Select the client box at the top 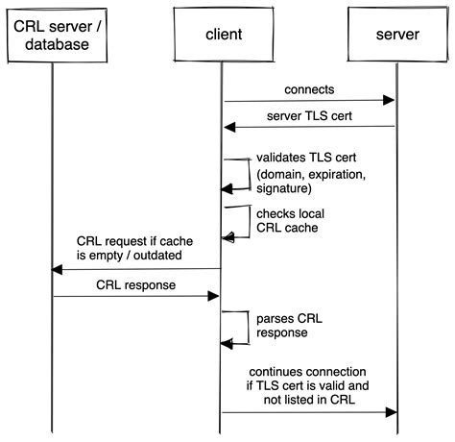pos(223,35)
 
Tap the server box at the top pos(396,35)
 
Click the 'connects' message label pos(309,89)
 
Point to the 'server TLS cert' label pos(309,115)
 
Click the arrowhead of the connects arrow pos(391,100)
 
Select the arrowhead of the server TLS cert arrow pos(229,127)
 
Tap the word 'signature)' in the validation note pos(285,190)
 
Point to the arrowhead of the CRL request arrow pos(58,270)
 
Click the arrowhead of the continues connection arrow pos(391,413)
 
